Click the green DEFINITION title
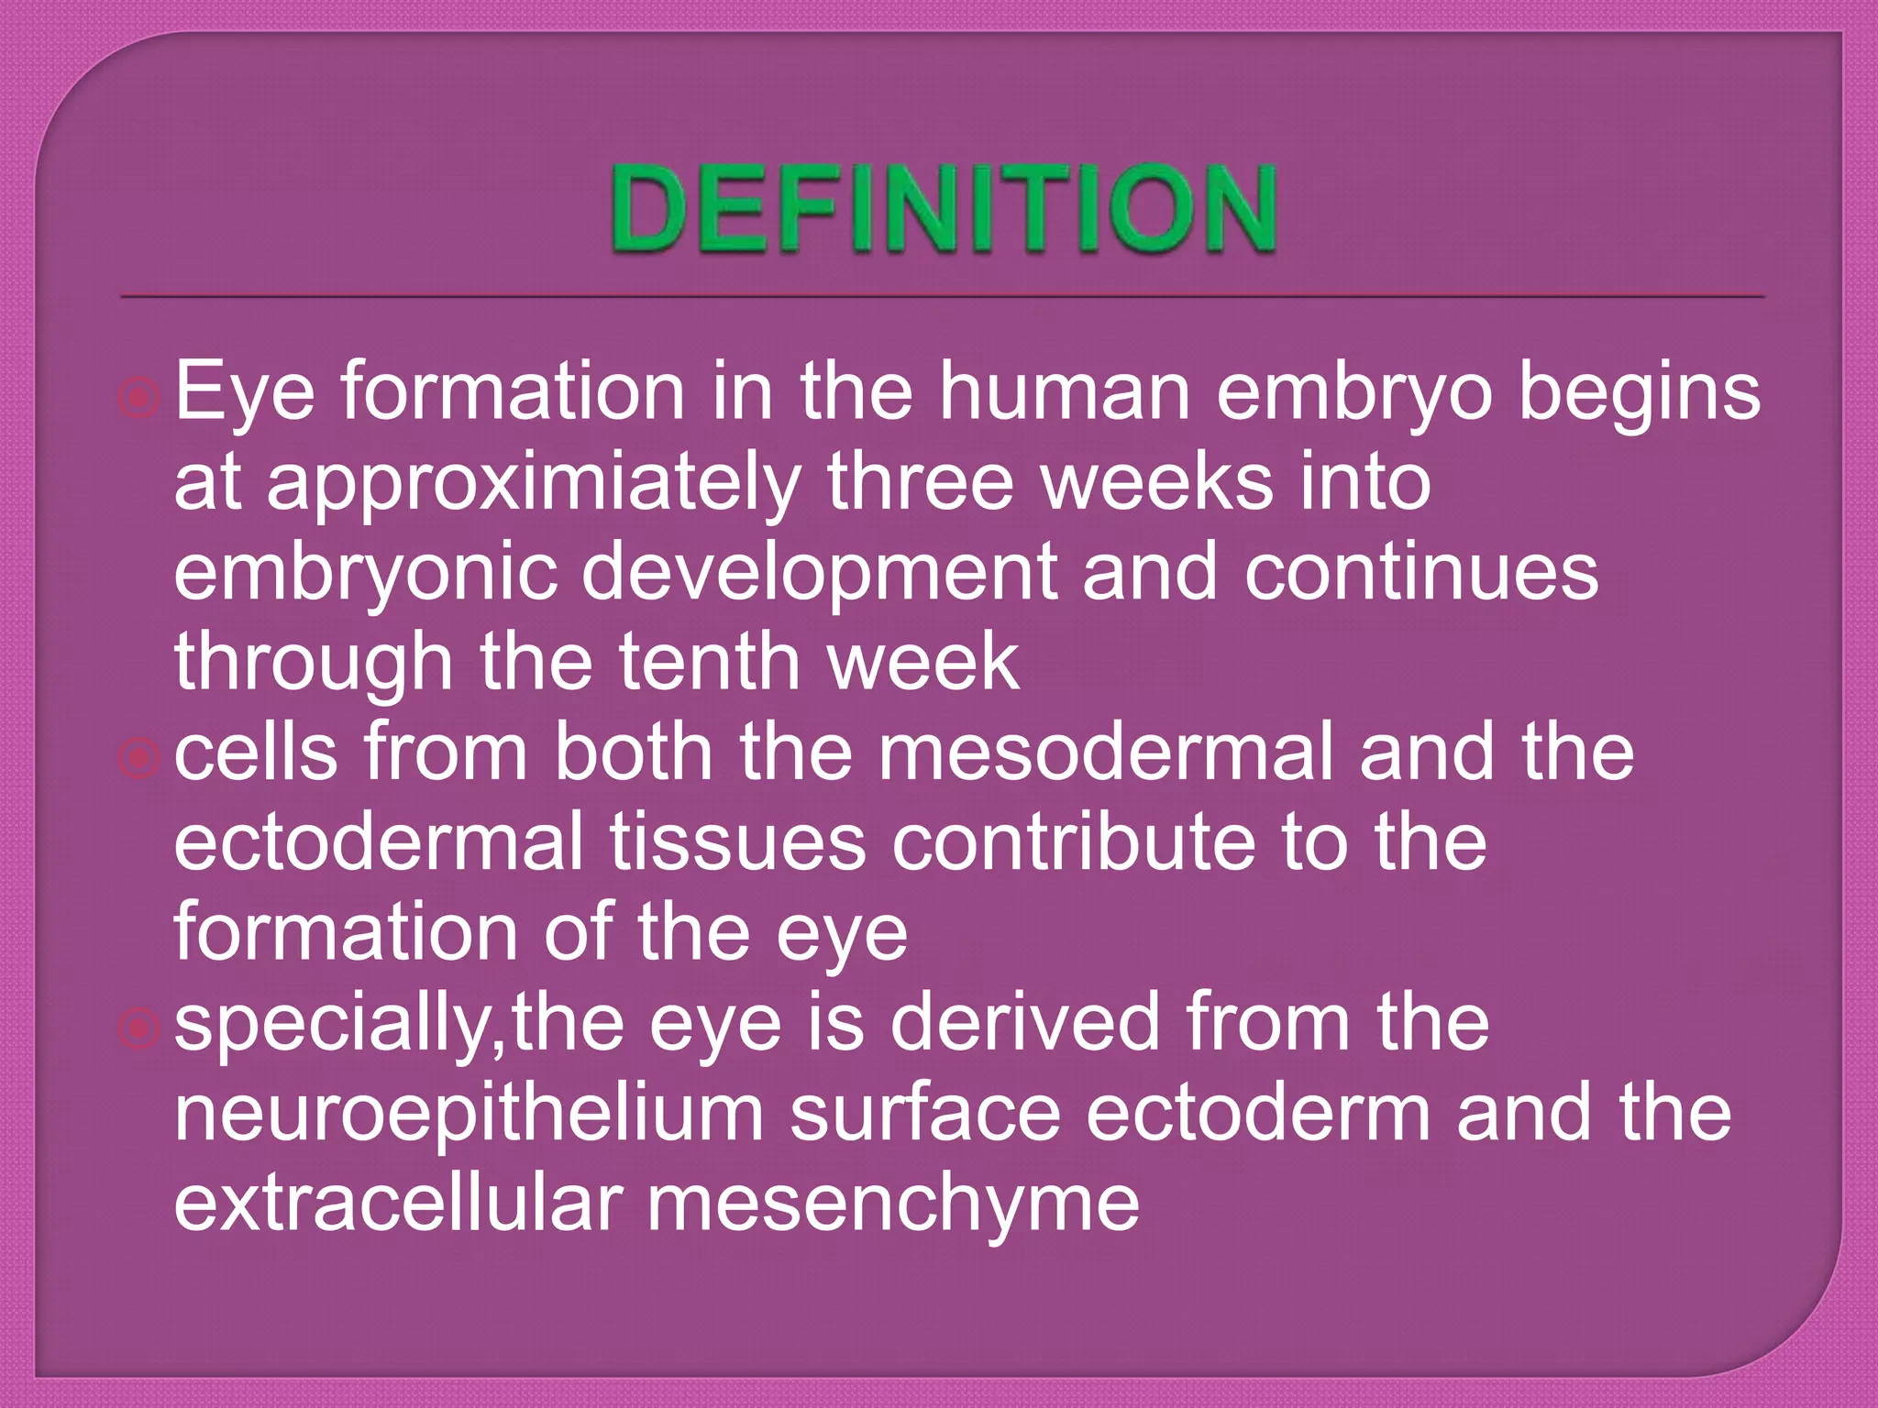click(944, 209)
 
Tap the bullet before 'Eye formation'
click(139, 398)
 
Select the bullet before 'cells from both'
click(139, 758)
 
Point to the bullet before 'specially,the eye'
click(139, 1028)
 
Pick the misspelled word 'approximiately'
click(535, 484)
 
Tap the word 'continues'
click(1421, 572)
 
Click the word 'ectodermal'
click(379, 841)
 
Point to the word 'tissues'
click(737, 841)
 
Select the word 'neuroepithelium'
click(469, 1113)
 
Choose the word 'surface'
click(924, 1113)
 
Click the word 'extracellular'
click(399, 1203)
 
